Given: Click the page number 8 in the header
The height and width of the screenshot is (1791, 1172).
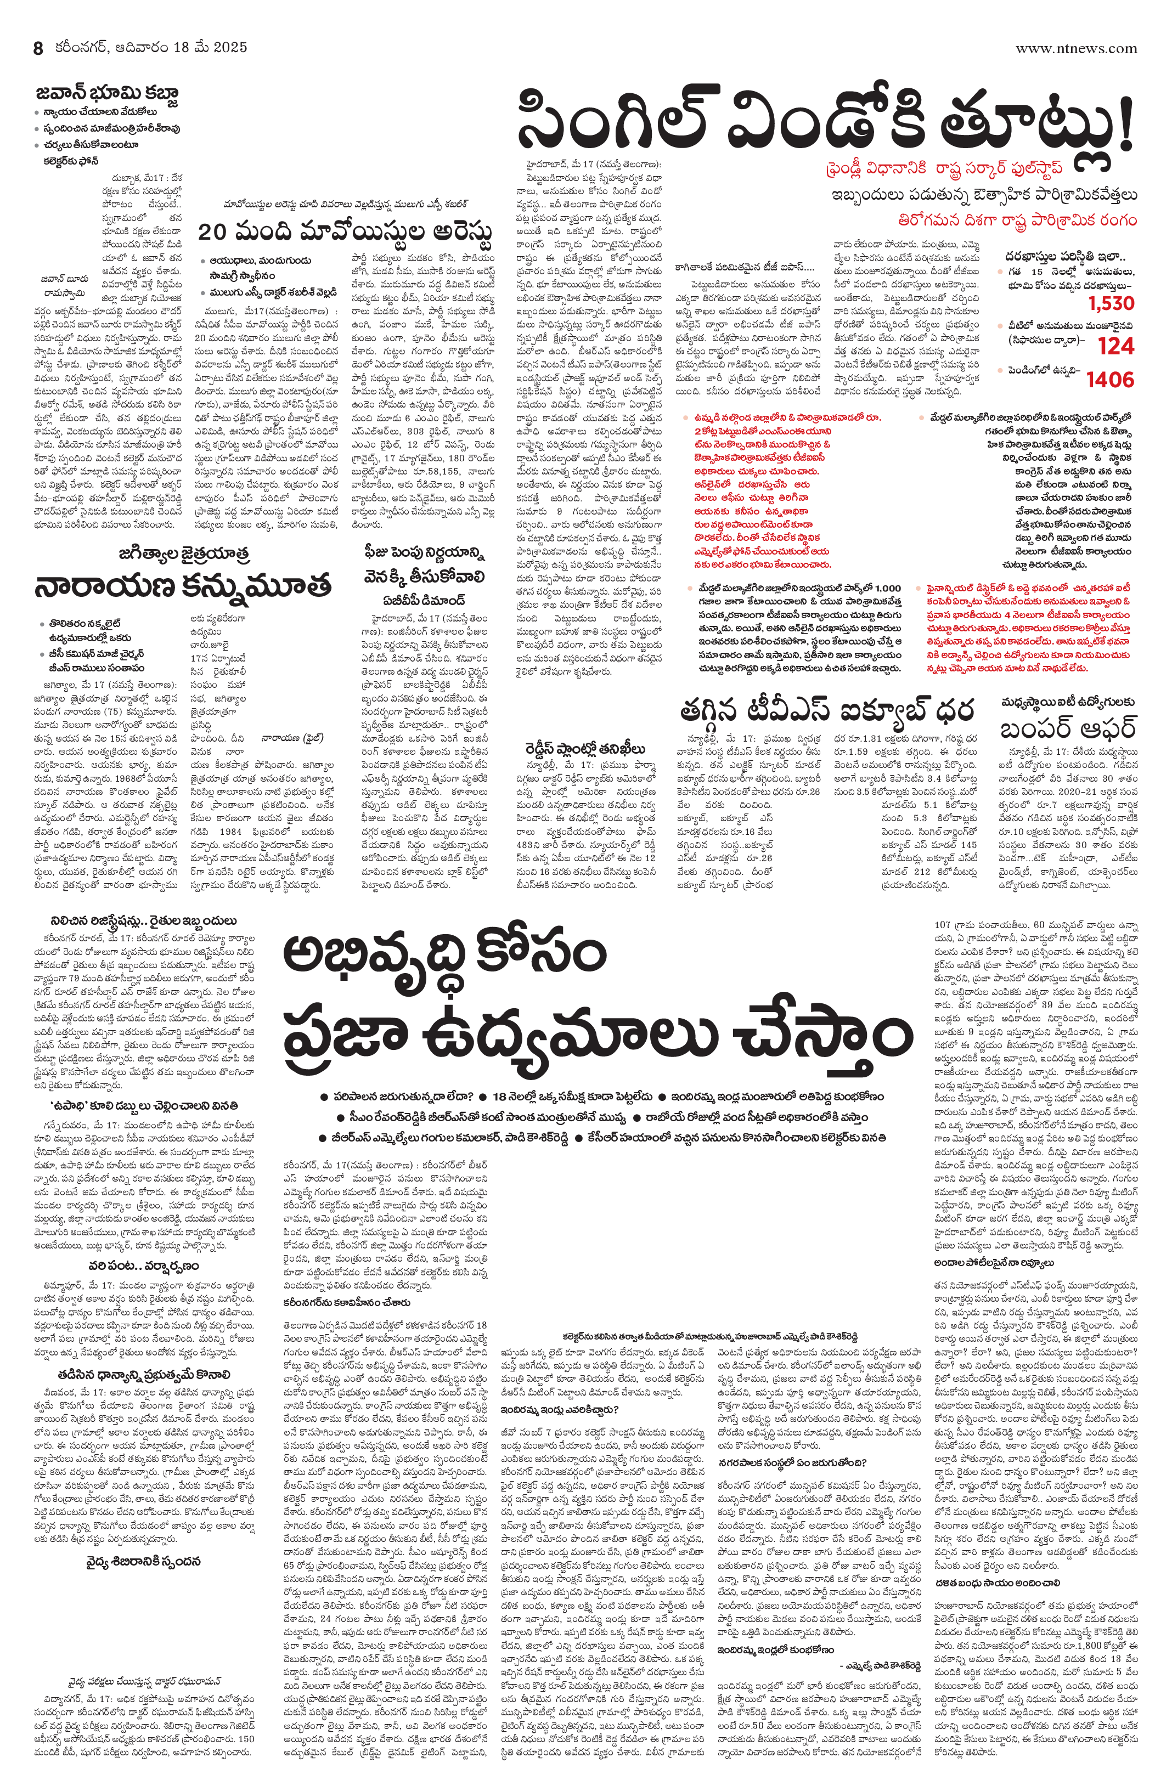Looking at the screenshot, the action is pos(38,48).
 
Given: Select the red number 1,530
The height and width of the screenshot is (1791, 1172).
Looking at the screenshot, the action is pos(1111,303).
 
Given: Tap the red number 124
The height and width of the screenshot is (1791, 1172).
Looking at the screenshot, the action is pos(1115,346).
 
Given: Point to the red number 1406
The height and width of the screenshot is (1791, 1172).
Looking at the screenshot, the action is pos(1109,380).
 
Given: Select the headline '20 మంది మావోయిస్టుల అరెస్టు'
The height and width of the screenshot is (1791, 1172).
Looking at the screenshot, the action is pos(345,231).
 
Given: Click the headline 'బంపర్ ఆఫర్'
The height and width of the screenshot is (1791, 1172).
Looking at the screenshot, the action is pos(1067,728).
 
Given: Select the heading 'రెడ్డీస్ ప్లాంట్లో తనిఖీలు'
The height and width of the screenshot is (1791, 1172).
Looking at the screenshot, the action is pos(585,748).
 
